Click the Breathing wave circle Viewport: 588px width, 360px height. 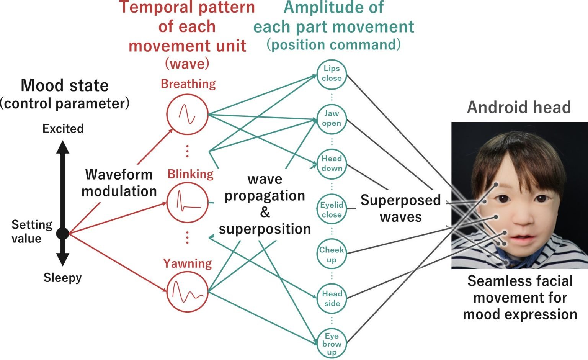(187, 114)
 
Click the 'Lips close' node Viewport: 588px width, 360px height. (332, 74)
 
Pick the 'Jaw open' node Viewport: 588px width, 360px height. (332, 118)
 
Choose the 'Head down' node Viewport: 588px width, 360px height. (332, 164)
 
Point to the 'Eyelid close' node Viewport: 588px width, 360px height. (332, 209)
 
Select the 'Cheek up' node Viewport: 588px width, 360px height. (332, 254)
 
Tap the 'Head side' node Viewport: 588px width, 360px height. (332, 298)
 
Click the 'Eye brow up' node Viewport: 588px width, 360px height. (332, 344)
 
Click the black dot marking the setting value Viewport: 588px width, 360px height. (62, 233)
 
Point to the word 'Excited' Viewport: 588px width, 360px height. (63, 128)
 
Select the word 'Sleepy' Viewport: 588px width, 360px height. (62, 277)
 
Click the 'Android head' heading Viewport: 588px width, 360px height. (519, 107)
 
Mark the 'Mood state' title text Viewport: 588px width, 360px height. (65, 85)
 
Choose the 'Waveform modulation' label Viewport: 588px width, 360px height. (119, 183)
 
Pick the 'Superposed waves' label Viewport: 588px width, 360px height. (400, 208)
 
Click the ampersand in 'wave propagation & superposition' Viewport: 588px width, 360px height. (265, 212)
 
